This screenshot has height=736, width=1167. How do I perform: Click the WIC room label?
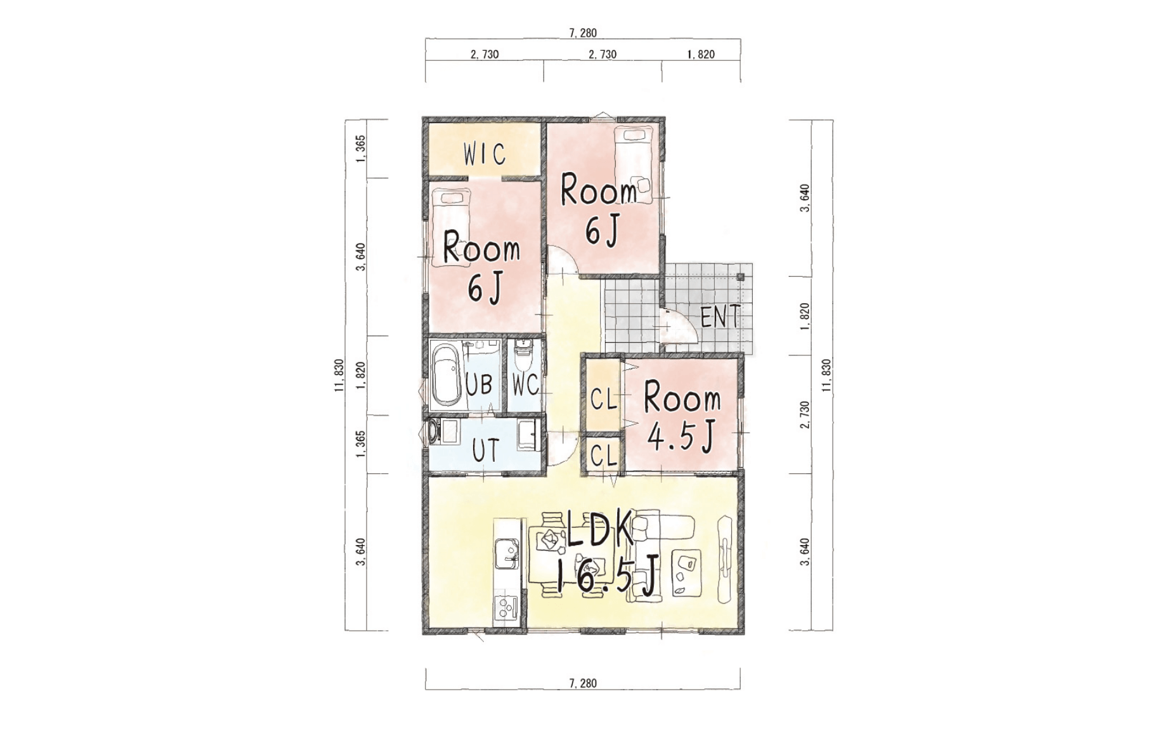(485, 154)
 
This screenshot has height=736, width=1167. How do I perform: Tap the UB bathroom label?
(479, 384)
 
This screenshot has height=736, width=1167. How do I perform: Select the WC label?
(525, 384)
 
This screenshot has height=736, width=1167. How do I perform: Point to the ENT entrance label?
(720, 316)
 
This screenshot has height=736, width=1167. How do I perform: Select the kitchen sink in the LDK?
(506, 555)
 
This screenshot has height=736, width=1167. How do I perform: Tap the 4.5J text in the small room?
(681, 436)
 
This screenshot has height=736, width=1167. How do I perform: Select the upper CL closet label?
(604, 400)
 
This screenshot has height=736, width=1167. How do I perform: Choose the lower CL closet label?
(604, 456)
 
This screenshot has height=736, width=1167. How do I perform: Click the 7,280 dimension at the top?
(583, 33)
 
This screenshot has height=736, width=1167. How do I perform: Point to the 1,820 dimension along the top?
(701, 55)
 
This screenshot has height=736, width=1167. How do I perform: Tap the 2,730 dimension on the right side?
(805, 415)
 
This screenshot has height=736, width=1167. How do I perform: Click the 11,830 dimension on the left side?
(339, 376)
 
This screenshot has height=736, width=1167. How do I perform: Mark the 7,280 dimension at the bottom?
(583, 683)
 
